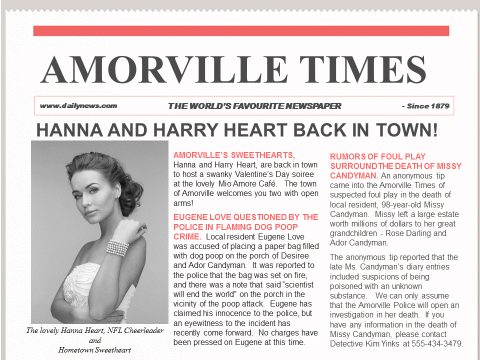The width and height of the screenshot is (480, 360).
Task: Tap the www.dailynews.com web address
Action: (x=78, y=105)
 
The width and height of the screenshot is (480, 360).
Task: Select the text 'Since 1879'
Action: (x=428, y=105)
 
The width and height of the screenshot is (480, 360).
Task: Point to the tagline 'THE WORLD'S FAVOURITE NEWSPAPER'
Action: (x=254, y=106)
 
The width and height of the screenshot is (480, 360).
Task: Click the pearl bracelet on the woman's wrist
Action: (x=118, y=247)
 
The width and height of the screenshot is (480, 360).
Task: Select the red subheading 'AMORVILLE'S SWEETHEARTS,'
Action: (x=234, y=155)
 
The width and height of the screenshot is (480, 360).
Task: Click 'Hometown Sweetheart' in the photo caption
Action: (x=94, y=349)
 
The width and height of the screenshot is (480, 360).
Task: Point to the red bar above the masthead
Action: (x=241, y=31)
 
